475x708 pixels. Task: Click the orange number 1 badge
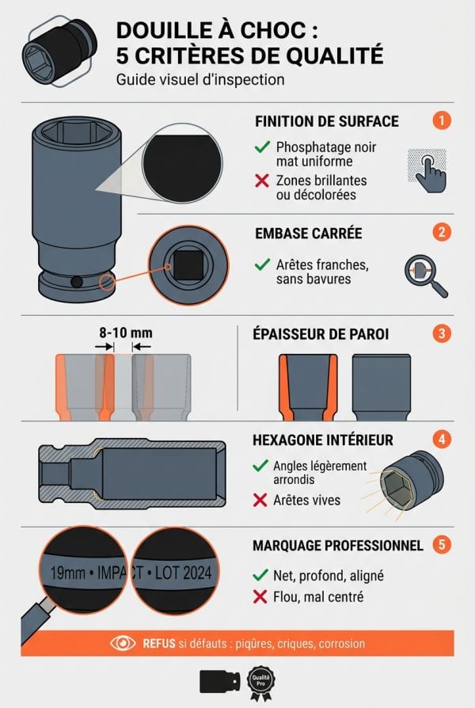click(x=442, y=121)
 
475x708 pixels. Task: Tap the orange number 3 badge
click(x=442, y=333)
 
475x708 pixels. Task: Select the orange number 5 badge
click(x=442, y=545)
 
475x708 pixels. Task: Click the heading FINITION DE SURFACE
click(x=326, y=122)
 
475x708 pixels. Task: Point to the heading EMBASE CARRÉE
click(x=308, y=234)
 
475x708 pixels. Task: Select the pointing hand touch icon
click(x=425, y=169)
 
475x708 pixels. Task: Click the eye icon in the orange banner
click(x=123, y=643)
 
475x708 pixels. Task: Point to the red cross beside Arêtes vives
click(x=260, y=500)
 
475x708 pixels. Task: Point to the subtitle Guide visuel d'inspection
click(x=199, y=80)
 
